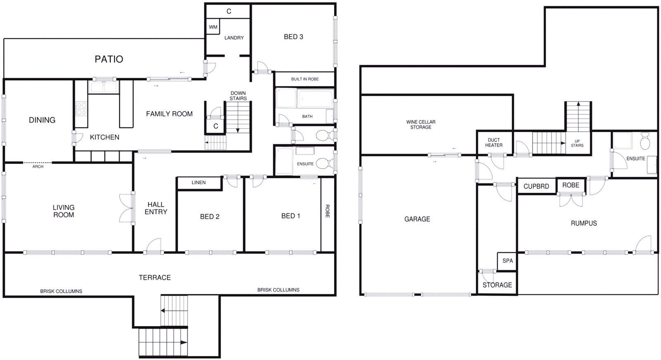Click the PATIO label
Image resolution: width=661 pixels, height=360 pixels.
coord(109,59)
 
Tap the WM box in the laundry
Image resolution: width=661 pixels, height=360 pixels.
coord(213,27)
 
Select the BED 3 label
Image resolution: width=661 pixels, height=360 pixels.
coord(293,37)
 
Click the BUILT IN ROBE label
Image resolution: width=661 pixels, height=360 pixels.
coord(305,79)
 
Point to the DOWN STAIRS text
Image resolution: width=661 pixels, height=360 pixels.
coord(238,96)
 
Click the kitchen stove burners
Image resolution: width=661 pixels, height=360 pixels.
coord(81,109)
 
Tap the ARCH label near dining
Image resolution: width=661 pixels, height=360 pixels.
coord(38,166)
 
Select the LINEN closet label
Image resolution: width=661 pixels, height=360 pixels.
coord(199,182)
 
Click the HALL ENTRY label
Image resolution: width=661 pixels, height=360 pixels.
coord(156,208)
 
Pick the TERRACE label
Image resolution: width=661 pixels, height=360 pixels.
coord(155,277)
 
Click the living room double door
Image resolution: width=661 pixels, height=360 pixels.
coord(126,208)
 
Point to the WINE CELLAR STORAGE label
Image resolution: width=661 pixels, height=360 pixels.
coord(421,125)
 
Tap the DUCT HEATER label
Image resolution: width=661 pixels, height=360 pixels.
coord(494,142)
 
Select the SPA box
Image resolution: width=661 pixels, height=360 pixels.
coord(507,261)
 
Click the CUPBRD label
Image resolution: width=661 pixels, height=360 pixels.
coord(536,186)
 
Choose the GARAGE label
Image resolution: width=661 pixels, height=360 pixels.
coord(417,219)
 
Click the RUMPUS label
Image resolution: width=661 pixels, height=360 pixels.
coord(584,223)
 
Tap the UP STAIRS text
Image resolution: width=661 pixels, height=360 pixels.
coord(577,143)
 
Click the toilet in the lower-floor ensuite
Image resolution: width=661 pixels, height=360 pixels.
coord(644,141)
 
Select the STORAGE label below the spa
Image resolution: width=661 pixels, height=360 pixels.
coord(497,285)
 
